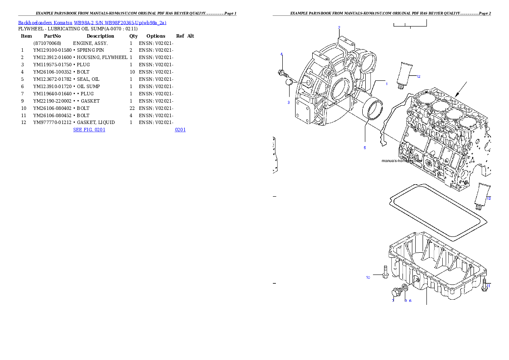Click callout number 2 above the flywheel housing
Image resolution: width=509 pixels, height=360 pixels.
tap(339, 28)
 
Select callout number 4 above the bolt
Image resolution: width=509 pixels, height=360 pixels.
tap(281, 54)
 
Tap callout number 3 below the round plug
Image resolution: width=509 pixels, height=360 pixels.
tap(288, 103)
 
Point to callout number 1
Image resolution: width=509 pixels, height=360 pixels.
tap(386, 84)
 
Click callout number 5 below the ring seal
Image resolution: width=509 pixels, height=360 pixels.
tap(365, 148)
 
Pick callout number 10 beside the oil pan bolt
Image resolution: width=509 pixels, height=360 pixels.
tap(368, 277)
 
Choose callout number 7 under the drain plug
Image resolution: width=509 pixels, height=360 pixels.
tap(393, 301)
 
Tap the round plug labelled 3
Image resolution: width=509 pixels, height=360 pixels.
tap(290, 82)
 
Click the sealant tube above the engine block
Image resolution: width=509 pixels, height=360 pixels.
tap(405, 74)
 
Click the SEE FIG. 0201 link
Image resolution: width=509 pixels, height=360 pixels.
tap(89, 129)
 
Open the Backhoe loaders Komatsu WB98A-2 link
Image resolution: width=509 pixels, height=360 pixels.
tap(92, 23)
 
